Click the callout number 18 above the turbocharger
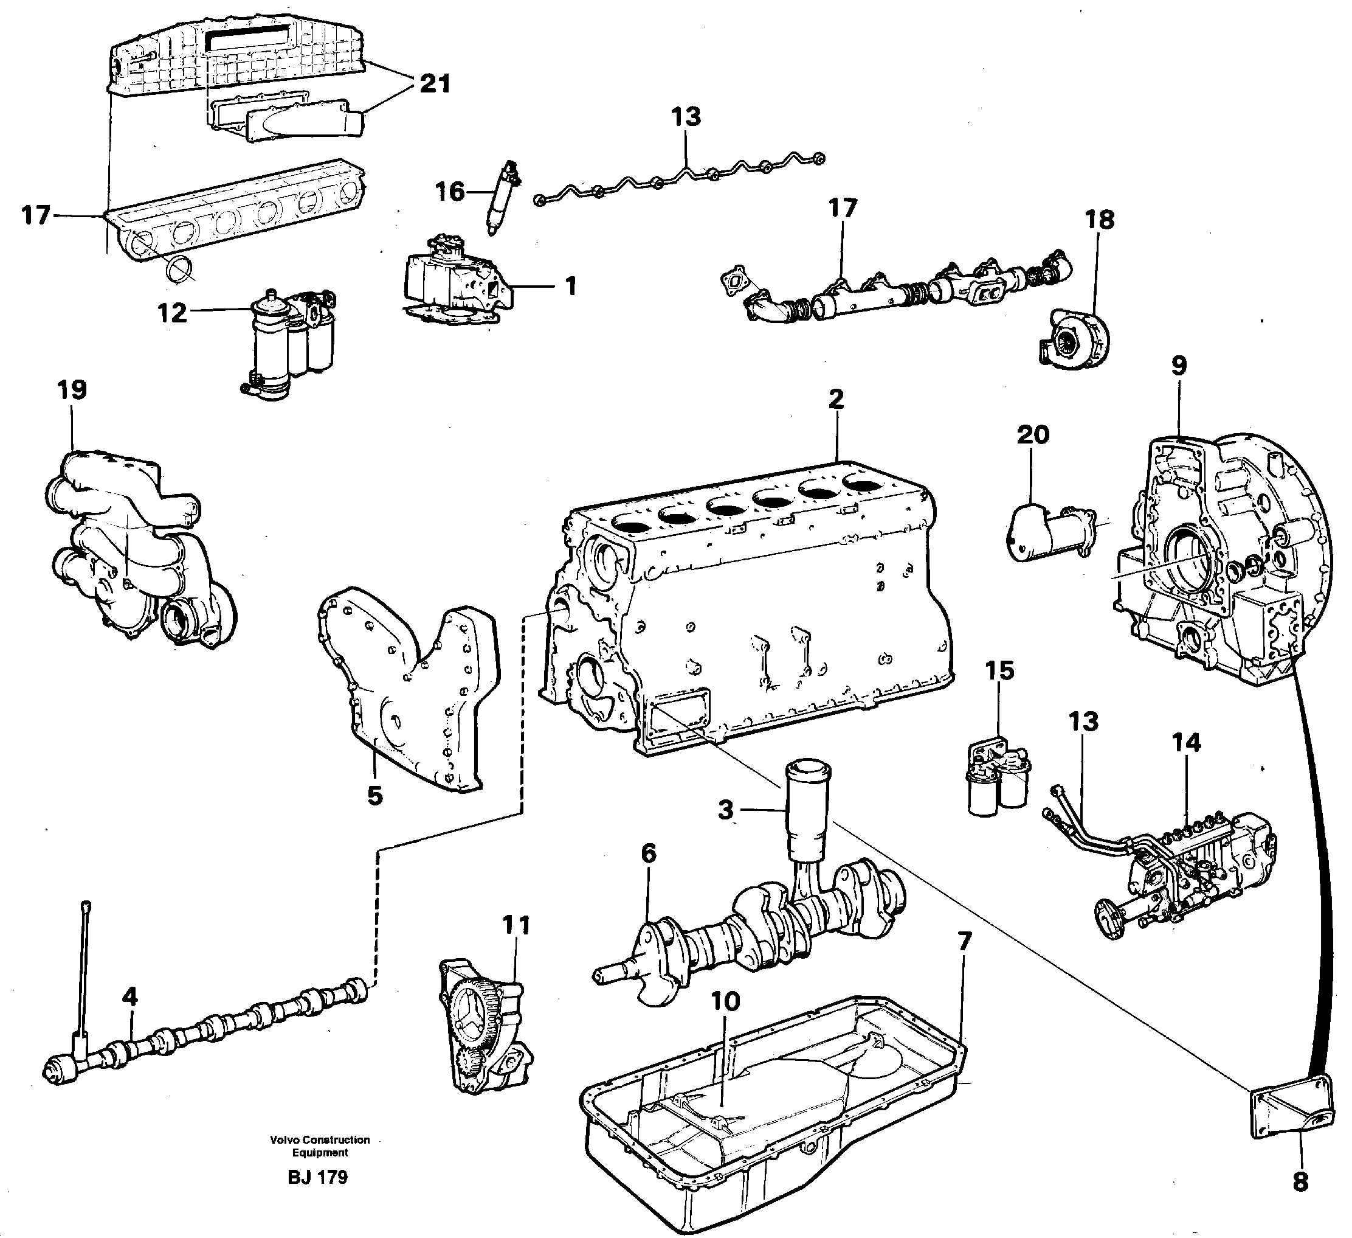tap(1099, 220)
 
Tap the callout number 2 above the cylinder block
tap(836, 399)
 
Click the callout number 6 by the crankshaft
tap(648, 854)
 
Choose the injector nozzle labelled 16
tap(500, 198)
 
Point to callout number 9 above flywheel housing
tap(1179, 366)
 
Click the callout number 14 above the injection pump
tap(1185, 743)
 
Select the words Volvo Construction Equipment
tap(320, 1146)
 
